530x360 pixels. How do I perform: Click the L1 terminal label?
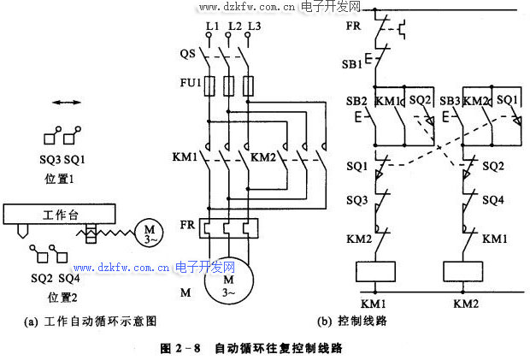click(211, 26)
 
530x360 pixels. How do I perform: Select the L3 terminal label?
click(252, 26)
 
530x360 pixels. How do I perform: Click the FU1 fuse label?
click(190, 84)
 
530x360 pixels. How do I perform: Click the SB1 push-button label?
click(351, 64)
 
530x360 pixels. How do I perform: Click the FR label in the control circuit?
click(353, 27)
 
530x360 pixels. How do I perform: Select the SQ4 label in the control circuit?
click(492, 200)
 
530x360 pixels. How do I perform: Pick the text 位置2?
click(62, 297)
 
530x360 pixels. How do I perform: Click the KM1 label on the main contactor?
click(185, 157)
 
